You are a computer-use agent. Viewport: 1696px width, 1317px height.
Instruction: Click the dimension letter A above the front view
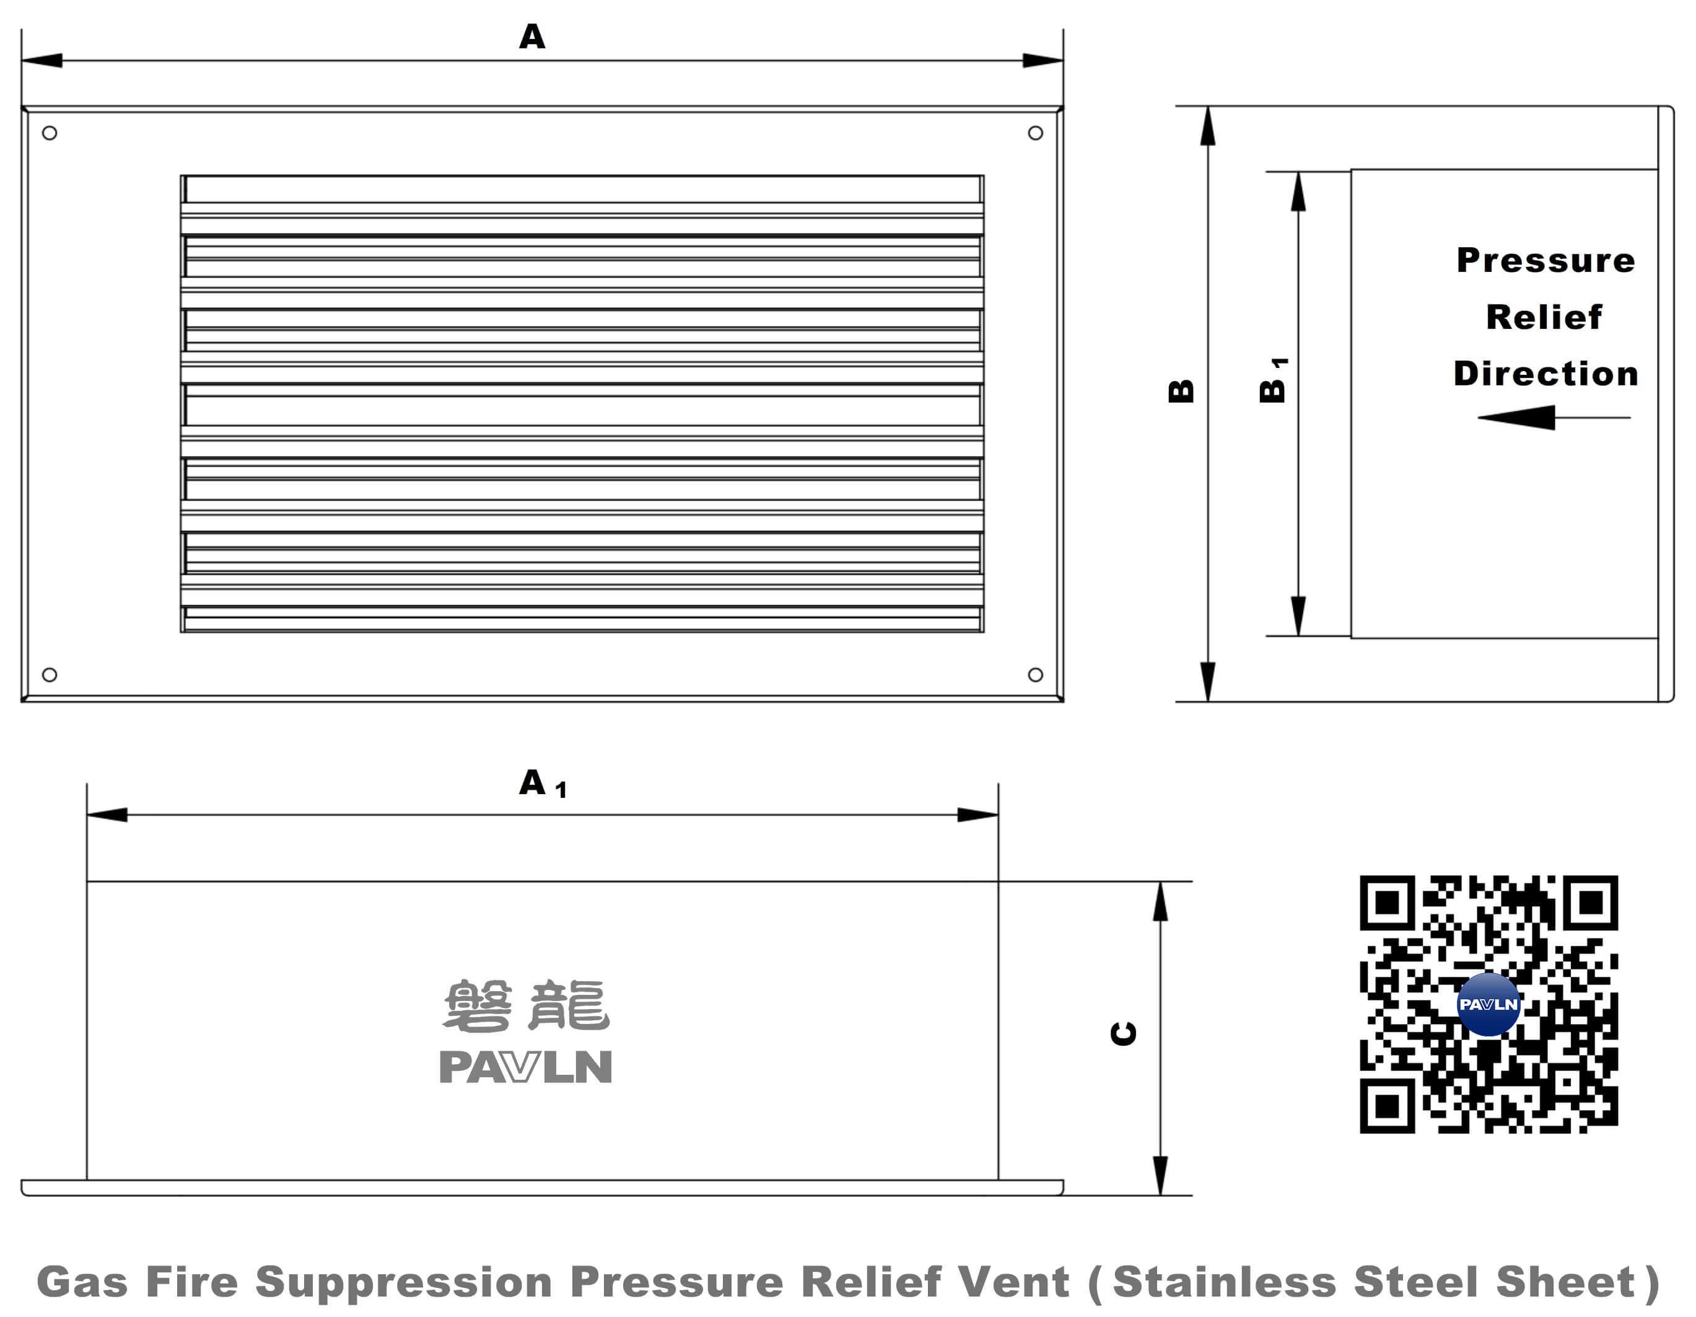pyautogui.click(x=532, y=37)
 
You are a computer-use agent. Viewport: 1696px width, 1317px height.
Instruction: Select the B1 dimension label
pyautogui.click(x=1273, y=380)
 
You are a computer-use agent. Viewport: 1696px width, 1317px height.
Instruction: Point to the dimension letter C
pyautogui.click(x=1124, y=1033)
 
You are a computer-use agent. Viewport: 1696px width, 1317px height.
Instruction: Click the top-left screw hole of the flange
pyautogui.click(x=50, y=133)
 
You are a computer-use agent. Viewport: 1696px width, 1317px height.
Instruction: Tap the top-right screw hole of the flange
pyautogui.click(x=1035, y=133)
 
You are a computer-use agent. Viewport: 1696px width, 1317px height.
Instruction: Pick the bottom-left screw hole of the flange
pyautogui.click(x=50, y=674)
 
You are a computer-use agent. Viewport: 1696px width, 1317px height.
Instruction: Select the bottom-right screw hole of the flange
pyautogui.click(x=1035, y=674)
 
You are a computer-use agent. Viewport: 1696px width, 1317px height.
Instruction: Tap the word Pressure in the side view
pyautogui.click(x=1545, y=260)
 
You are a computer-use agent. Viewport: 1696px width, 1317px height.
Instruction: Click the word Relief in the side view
pyautogui.click(x=1544, y=317)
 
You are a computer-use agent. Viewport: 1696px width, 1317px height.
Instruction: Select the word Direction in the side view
pyautogui.click(x=1545, y=374)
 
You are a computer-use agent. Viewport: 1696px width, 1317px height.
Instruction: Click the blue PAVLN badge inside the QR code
pyautogui.click(x=1488, y=1004)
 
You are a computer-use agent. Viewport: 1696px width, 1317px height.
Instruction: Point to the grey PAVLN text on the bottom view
pyautogui.click(x=526, y=1066)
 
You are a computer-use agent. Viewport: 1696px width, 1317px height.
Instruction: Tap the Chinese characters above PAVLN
pyautogui.click(x=526, y=1005)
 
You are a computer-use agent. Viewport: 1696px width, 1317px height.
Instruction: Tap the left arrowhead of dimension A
pyautogui.click(x=43, y=61)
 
